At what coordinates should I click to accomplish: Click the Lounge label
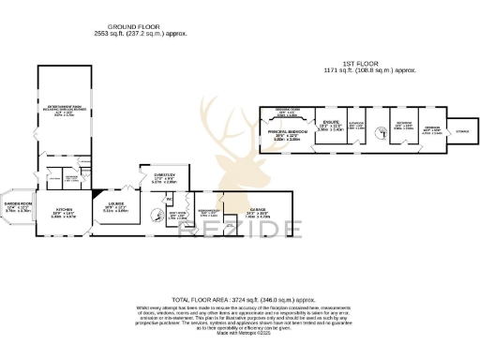115,208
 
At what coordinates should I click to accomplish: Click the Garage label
258,211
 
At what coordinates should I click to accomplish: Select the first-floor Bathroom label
356,126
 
